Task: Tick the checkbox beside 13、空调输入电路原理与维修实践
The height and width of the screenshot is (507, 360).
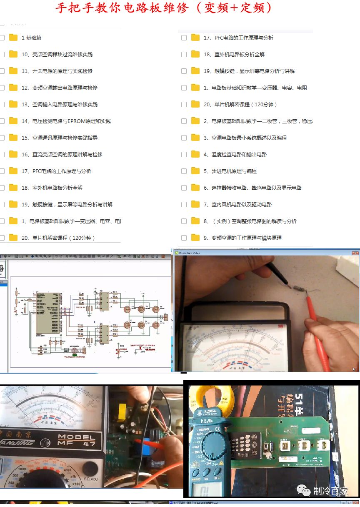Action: pos(2,104)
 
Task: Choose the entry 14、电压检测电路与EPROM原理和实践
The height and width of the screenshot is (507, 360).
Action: pos(66,121)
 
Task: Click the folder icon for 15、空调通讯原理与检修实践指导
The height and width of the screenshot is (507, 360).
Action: pos(13,138)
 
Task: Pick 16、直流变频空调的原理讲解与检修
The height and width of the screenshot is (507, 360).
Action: pos(62,154)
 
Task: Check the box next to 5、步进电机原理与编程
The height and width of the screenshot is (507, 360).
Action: pos(184,171)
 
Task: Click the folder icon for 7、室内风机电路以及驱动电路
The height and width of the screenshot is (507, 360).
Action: pos(195,204)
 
